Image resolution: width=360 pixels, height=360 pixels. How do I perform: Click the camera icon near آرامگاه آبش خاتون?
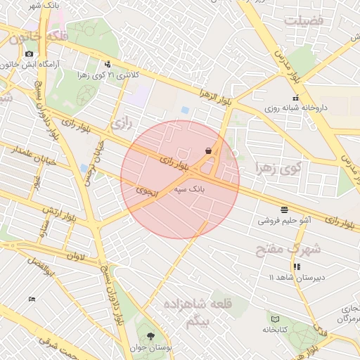point(28,53)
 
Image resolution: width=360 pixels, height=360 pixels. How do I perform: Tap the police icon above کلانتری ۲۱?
point(107,64)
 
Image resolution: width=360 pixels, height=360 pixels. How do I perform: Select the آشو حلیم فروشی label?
point(285,220)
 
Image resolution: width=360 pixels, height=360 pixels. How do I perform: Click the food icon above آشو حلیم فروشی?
point(284,210)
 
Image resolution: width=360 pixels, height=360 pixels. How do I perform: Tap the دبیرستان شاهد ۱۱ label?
point(295,277)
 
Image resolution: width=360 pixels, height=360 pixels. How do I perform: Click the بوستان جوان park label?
point(149,347)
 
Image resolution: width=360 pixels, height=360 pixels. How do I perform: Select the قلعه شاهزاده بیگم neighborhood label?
point(188,312)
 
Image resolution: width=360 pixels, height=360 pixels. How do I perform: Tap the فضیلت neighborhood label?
point(304,20)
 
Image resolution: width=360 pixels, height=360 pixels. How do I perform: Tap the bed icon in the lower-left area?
point(32,300)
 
